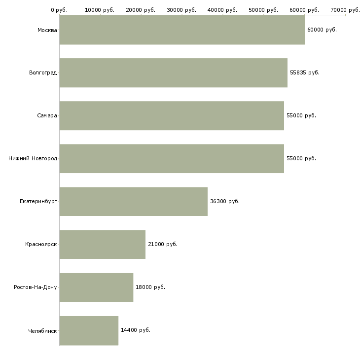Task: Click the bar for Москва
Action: tap(182, 30)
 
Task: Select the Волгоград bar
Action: tap(173, 73)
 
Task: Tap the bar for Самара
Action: tap(172, 116)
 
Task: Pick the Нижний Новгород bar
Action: tap(172, 159)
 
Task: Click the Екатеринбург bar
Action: tap(133, 202)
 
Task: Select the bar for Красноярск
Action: tap(103, 245)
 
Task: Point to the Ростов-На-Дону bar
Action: tap(96, 288)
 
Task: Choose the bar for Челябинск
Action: tap(89, 330)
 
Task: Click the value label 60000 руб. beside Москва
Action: tap(322, 30)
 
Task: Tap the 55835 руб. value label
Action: tap(305, 73)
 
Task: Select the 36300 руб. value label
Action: tap(225, 201)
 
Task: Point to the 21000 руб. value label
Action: tap(163, 244)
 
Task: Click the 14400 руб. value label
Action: tap(136, 330)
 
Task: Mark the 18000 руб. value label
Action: tap(150, 287)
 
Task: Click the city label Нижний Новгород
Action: tap(33, 158)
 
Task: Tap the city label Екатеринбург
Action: tap(38, 202)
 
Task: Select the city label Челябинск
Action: tap(42, 331)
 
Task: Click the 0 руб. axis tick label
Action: tap(59, 10)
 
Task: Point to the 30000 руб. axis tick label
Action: tap(181, 10)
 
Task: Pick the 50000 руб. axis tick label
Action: tap(263, 10)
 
